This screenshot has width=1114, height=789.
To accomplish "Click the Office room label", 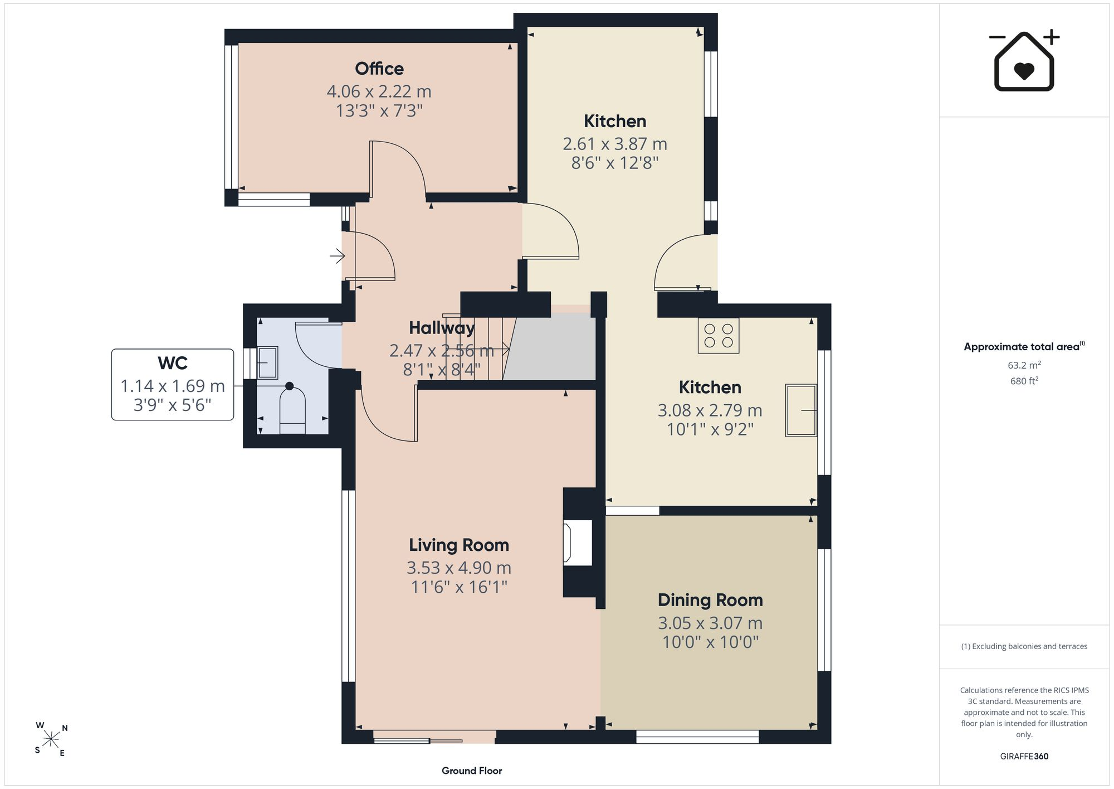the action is tap(379, 69).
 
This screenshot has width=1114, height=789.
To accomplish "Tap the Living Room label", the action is tap(459, 545).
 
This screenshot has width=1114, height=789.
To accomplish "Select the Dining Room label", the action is tap(710, 600).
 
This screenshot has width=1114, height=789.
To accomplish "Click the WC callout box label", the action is tap(173, 363).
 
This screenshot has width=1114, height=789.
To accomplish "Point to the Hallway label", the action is tap(442, 328).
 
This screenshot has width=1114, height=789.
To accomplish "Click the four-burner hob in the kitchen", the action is tap(719, 336).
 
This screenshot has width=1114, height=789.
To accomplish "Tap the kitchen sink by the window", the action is tap(801, 410).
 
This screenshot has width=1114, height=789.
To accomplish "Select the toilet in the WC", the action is tap(292, 408).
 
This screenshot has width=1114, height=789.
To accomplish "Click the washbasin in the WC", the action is tap(267, 362).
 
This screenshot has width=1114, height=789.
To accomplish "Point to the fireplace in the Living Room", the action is tap(578, 543).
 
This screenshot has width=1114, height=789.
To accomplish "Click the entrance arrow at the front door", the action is tap(337, 256).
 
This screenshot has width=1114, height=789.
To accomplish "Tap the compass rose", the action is tap(51, 739).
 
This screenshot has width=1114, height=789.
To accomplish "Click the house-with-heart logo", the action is tap(1024, 61).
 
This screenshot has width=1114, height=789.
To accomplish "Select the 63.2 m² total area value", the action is tap(1024, 365).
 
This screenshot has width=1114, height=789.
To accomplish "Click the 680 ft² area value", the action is tap(1024, 381).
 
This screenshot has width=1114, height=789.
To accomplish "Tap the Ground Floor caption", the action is tap(472, 771).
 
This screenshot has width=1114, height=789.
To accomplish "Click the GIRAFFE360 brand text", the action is tap(1024, 756).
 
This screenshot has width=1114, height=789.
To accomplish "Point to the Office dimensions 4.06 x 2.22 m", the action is tap(379, 91).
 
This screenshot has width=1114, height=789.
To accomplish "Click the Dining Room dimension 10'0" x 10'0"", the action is tap(710, 642).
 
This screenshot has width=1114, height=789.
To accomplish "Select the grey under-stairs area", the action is tap(551, 347).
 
